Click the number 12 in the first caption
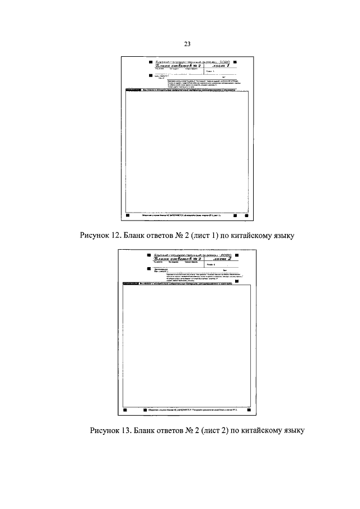(115, 235)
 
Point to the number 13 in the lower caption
(124, 431)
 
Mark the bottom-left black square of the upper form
(128, 215)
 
